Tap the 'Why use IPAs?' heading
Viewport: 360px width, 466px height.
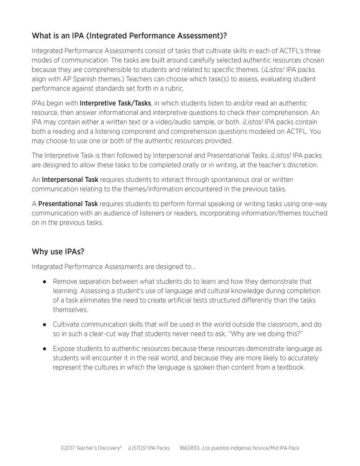pos(58,252)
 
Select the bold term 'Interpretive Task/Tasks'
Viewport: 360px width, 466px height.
pos(115,103)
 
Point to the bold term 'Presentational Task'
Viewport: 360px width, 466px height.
pos(68,204)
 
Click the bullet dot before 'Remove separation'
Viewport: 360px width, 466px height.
pos(45,282)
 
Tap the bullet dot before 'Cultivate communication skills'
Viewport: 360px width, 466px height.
pos(45,324)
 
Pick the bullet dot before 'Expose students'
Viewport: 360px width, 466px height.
pos(45,349)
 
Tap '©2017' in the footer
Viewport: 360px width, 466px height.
pos(68,448)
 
